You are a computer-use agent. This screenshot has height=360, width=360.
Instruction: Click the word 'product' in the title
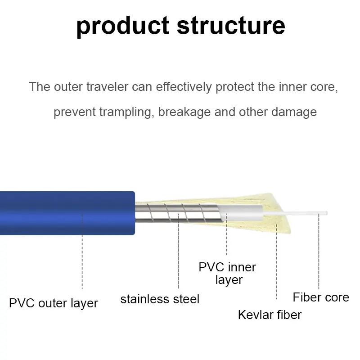(x=123, y=26)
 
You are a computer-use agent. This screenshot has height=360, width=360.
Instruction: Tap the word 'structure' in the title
(x=231, y=25)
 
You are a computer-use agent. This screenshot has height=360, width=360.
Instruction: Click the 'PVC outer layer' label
(x=54, y=303)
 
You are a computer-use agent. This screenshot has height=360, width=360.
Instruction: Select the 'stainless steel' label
(x=160, y=299)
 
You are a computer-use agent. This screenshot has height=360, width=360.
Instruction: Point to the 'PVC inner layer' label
(x=227, y=274)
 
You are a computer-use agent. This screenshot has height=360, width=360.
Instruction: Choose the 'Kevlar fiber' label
(x=270, y=315)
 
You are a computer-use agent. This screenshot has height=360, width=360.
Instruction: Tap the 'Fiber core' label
(x=321, y=297)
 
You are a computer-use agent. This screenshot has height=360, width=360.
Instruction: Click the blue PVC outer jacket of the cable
(x=67, y=213)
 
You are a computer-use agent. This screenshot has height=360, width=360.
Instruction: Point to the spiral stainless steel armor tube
(x=178, y=213)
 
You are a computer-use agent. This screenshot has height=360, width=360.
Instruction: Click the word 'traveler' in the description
(x=107, y=87)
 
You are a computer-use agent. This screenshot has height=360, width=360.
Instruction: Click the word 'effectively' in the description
(x=184, y=87)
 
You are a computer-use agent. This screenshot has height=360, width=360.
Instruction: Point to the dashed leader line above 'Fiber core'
(x=319, y=251)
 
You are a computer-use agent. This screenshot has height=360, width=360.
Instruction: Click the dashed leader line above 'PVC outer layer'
(x=82, y=251)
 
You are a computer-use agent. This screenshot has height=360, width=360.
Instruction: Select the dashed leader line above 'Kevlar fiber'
(x=276, y=262)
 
